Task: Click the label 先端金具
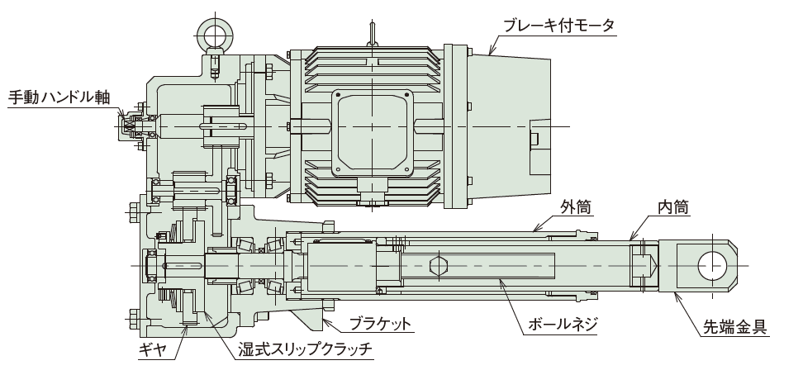(x=730, y=328)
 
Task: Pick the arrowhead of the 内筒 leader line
(x=634, y=239)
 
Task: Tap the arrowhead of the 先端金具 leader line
(x=676, y=291)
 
